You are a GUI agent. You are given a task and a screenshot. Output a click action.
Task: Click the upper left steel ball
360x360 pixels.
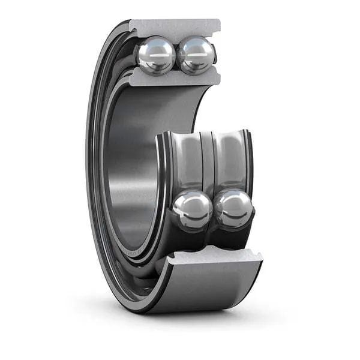click(x=156, y=56)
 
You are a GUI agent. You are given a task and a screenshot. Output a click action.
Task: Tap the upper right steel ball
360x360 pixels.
click(x=196, y=56)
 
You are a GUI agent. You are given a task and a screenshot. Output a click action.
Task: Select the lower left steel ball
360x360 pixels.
click(x=192, y=211)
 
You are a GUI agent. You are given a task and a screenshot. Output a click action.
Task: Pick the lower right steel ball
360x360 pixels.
click(x=234, y=209)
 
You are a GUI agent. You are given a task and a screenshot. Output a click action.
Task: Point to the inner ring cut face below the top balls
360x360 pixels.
click(x=174, y=79)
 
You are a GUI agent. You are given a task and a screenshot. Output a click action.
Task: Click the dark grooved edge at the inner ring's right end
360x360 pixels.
click(x=248, y=162)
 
